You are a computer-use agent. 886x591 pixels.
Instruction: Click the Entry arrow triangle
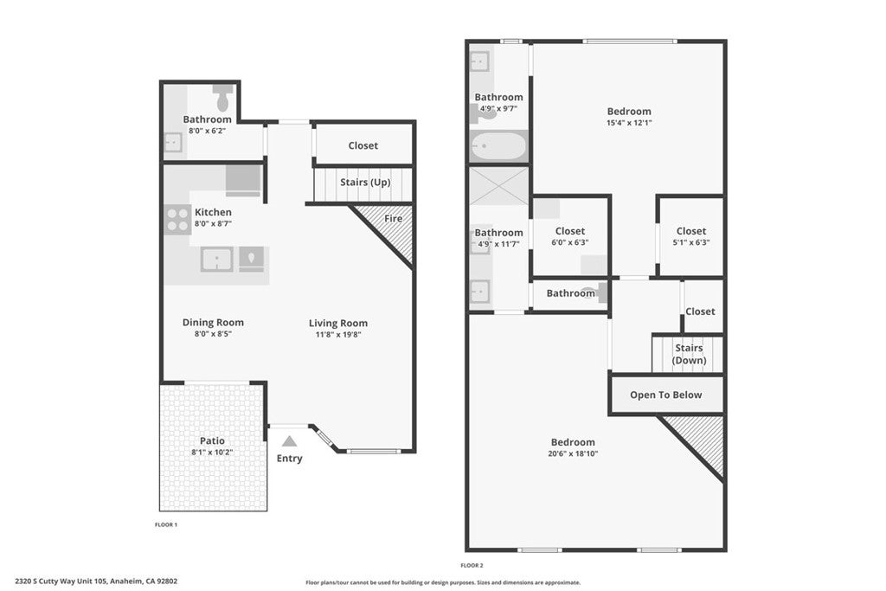coord(289,441)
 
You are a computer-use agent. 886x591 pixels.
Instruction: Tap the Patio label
coord(212,440)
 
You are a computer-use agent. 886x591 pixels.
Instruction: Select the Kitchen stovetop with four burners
coord(177,220)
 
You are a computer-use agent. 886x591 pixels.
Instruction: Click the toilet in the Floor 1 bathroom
coord(222,99)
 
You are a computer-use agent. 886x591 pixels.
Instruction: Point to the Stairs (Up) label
coord(365,183)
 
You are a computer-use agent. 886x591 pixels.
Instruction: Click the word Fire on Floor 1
coord(394,219)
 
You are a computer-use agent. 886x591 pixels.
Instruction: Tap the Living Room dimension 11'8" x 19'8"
coord(338,335)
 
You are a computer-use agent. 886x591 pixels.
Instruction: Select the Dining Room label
coord(213,323)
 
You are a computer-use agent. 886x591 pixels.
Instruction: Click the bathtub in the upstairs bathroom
coord(498,146)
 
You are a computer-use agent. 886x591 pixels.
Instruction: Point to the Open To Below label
coord(665,395)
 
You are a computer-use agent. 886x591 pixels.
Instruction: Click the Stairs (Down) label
coord(689,354)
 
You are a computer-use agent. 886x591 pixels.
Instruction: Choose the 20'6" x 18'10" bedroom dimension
coord(573,453)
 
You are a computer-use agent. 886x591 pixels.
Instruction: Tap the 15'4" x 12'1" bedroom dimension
coord(629,123)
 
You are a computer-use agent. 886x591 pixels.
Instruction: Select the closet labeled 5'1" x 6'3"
coord(691,237)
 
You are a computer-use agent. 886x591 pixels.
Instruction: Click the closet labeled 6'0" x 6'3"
coord(570,237)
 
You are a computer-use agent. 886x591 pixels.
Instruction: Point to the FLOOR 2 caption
coord(472,566)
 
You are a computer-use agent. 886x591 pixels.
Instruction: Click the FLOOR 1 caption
coord(166,525)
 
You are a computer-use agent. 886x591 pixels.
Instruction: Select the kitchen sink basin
coord(217,260)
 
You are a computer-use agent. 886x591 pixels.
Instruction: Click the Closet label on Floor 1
coord(363,145)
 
